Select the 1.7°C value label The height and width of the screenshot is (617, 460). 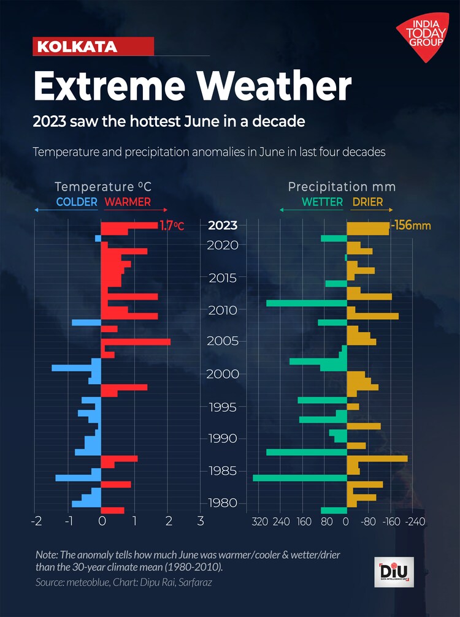[x=172, y=225]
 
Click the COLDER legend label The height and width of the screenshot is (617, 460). [x=77, y=202]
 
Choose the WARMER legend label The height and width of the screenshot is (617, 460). [x=128, y=202]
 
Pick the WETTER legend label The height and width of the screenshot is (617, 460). [x=322, y=202]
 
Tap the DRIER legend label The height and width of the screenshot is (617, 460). [x=367, y=202]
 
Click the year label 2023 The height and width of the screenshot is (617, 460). [x=223, y=225]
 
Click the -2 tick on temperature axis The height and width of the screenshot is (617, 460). [x=36, y=522]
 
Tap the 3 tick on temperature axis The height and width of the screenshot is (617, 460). [x=200, y=522]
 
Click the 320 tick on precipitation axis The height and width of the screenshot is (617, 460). [x=260, y=522]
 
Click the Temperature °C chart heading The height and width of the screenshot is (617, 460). [x=103, y=187]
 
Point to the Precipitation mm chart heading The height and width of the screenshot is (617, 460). [x=342, y=187]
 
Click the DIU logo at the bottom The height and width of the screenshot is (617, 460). [x=394, y=573]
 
